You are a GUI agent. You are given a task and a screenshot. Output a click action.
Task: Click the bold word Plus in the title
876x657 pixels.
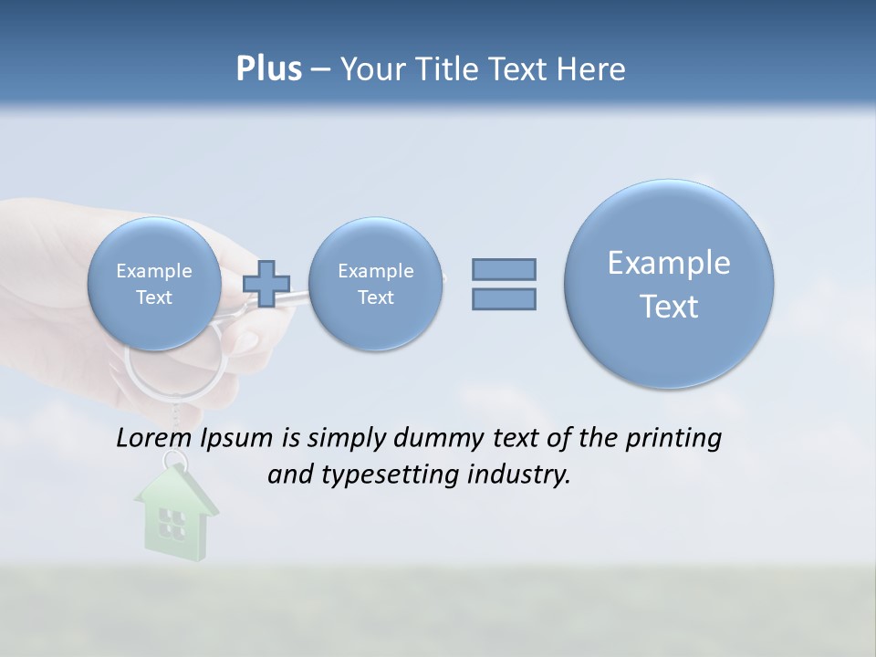pyautogui.click(x=268, y=68)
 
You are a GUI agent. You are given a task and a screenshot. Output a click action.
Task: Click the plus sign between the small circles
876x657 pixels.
pyautogui.click(x=266, y=284)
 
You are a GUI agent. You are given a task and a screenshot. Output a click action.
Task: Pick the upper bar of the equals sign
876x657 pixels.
pyautogui.click(x=504, y=269)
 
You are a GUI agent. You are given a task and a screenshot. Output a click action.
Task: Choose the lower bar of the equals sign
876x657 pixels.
pyautogui.click(x=504, y=298)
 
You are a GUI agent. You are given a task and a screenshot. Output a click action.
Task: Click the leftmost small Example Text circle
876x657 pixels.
pyautogui.click(x=154, y=284)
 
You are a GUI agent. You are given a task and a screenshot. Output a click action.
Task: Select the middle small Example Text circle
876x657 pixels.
pyautogui.click(x=376, y=284)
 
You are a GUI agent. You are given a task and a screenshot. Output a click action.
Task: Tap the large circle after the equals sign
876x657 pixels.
pyautogui.click(x=669, y=284)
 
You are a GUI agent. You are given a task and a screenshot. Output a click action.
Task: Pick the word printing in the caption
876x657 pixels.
pyautogui.click(x=674, y=439)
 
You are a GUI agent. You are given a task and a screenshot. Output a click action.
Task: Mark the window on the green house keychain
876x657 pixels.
pyautogui.click(x=171, y=522)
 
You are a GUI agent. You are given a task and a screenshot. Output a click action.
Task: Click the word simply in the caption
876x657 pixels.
pyautogui.click(x=347, y=439)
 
